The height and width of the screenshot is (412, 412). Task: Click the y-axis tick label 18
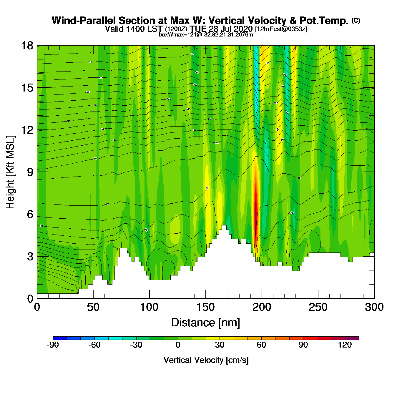(x=27, y=46)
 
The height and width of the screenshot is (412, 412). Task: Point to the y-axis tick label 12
(x=27, y=130)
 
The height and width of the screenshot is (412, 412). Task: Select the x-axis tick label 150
(x=205, y=307)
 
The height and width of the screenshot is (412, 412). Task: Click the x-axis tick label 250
(x=318, y=307)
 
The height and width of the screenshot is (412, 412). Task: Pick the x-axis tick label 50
(x=93, y=307)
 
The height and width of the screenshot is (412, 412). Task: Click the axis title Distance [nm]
(x=206, y=323)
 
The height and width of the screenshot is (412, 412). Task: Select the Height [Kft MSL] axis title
(x=10, y=172)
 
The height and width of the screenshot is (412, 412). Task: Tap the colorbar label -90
(x=53, y=345)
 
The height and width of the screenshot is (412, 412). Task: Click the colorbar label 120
(x=345, y=345)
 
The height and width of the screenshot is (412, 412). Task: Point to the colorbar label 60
(x=261, y=345)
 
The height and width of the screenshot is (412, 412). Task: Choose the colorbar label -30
(x=136, y=345)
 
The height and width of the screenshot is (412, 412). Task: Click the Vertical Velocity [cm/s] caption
(x=206, y=360)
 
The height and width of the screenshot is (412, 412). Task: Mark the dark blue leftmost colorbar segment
(x=59, y=338)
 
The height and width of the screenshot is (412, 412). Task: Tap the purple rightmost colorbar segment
(x=352, y=338)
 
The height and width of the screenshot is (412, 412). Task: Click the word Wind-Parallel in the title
(x=84, y=21)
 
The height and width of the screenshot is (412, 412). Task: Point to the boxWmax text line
(x=206, y=35)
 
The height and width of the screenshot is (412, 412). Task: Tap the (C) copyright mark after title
(x=356, y=20)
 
